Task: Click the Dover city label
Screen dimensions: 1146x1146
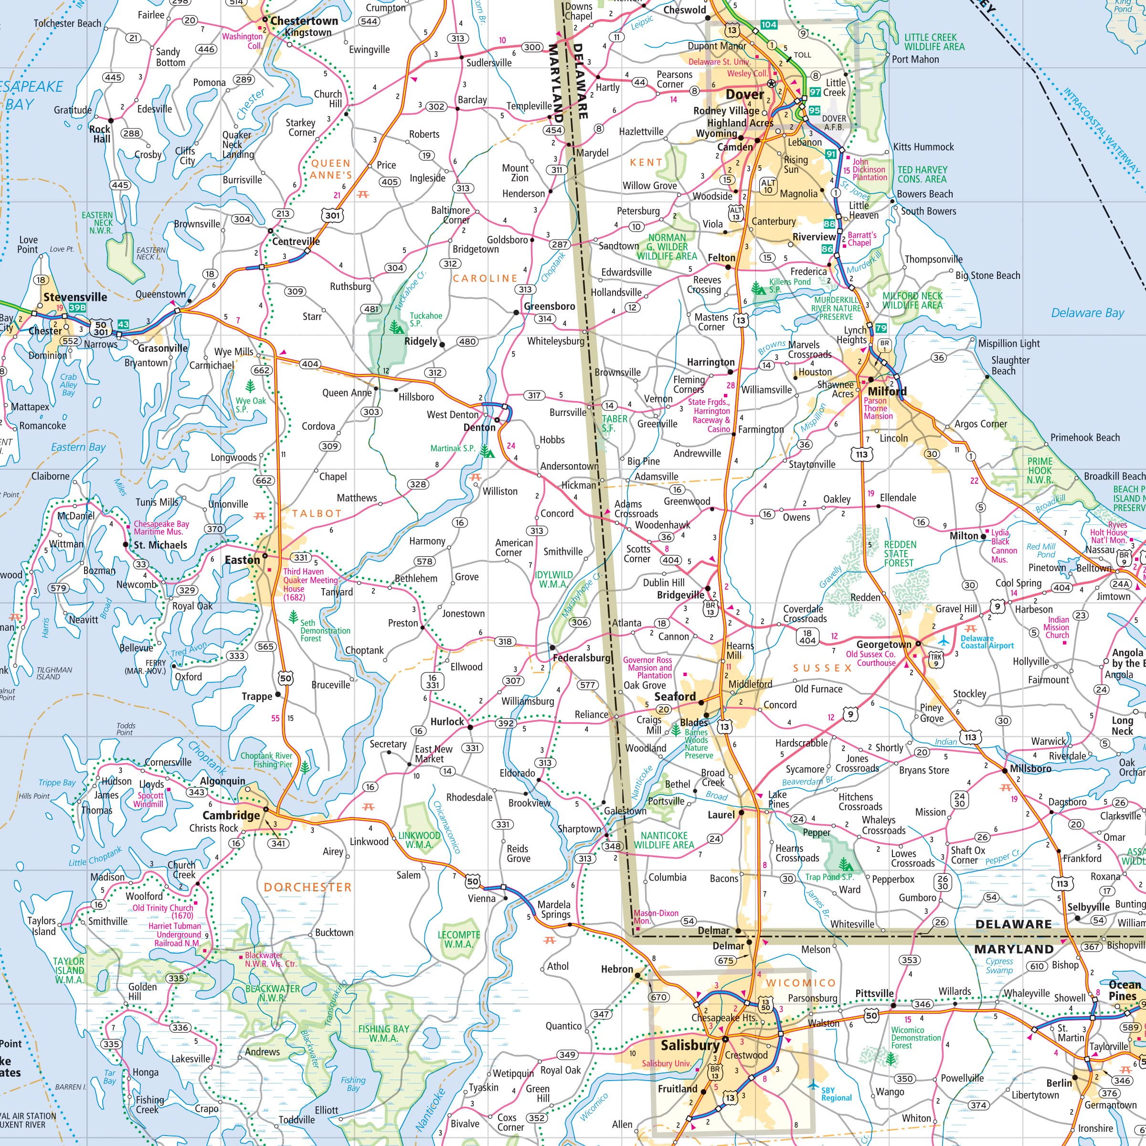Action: coord(744,95)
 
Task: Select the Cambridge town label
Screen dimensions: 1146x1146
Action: coord(231,815)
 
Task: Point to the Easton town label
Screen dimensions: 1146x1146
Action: coord(242,559)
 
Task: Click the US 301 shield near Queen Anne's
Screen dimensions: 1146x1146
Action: coord(332,215)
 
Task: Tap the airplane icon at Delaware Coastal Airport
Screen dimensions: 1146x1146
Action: coord(944,641)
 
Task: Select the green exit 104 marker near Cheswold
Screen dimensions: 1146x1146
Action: coord(769,24)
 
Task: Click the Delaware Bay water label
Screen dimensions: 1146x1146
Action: coord(1087,313)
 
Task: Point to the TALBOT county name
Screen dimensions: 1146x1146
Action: coord(317,513)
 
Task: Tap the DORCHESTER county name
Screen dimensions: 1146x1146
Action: coord(308,887)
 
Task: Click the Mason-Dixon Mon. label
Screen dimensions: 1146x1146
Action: coord(656,917)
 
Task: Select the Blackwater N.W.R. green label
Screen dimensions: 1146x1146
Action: coord(273,993)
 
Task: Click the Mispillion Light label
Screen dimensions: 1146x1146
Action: coord(1008,343)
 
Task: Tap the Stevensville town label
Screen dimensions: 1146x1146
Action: coord(75,297)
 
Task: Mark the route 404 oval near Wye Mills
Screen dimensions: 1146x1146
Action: coord(309,363)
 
